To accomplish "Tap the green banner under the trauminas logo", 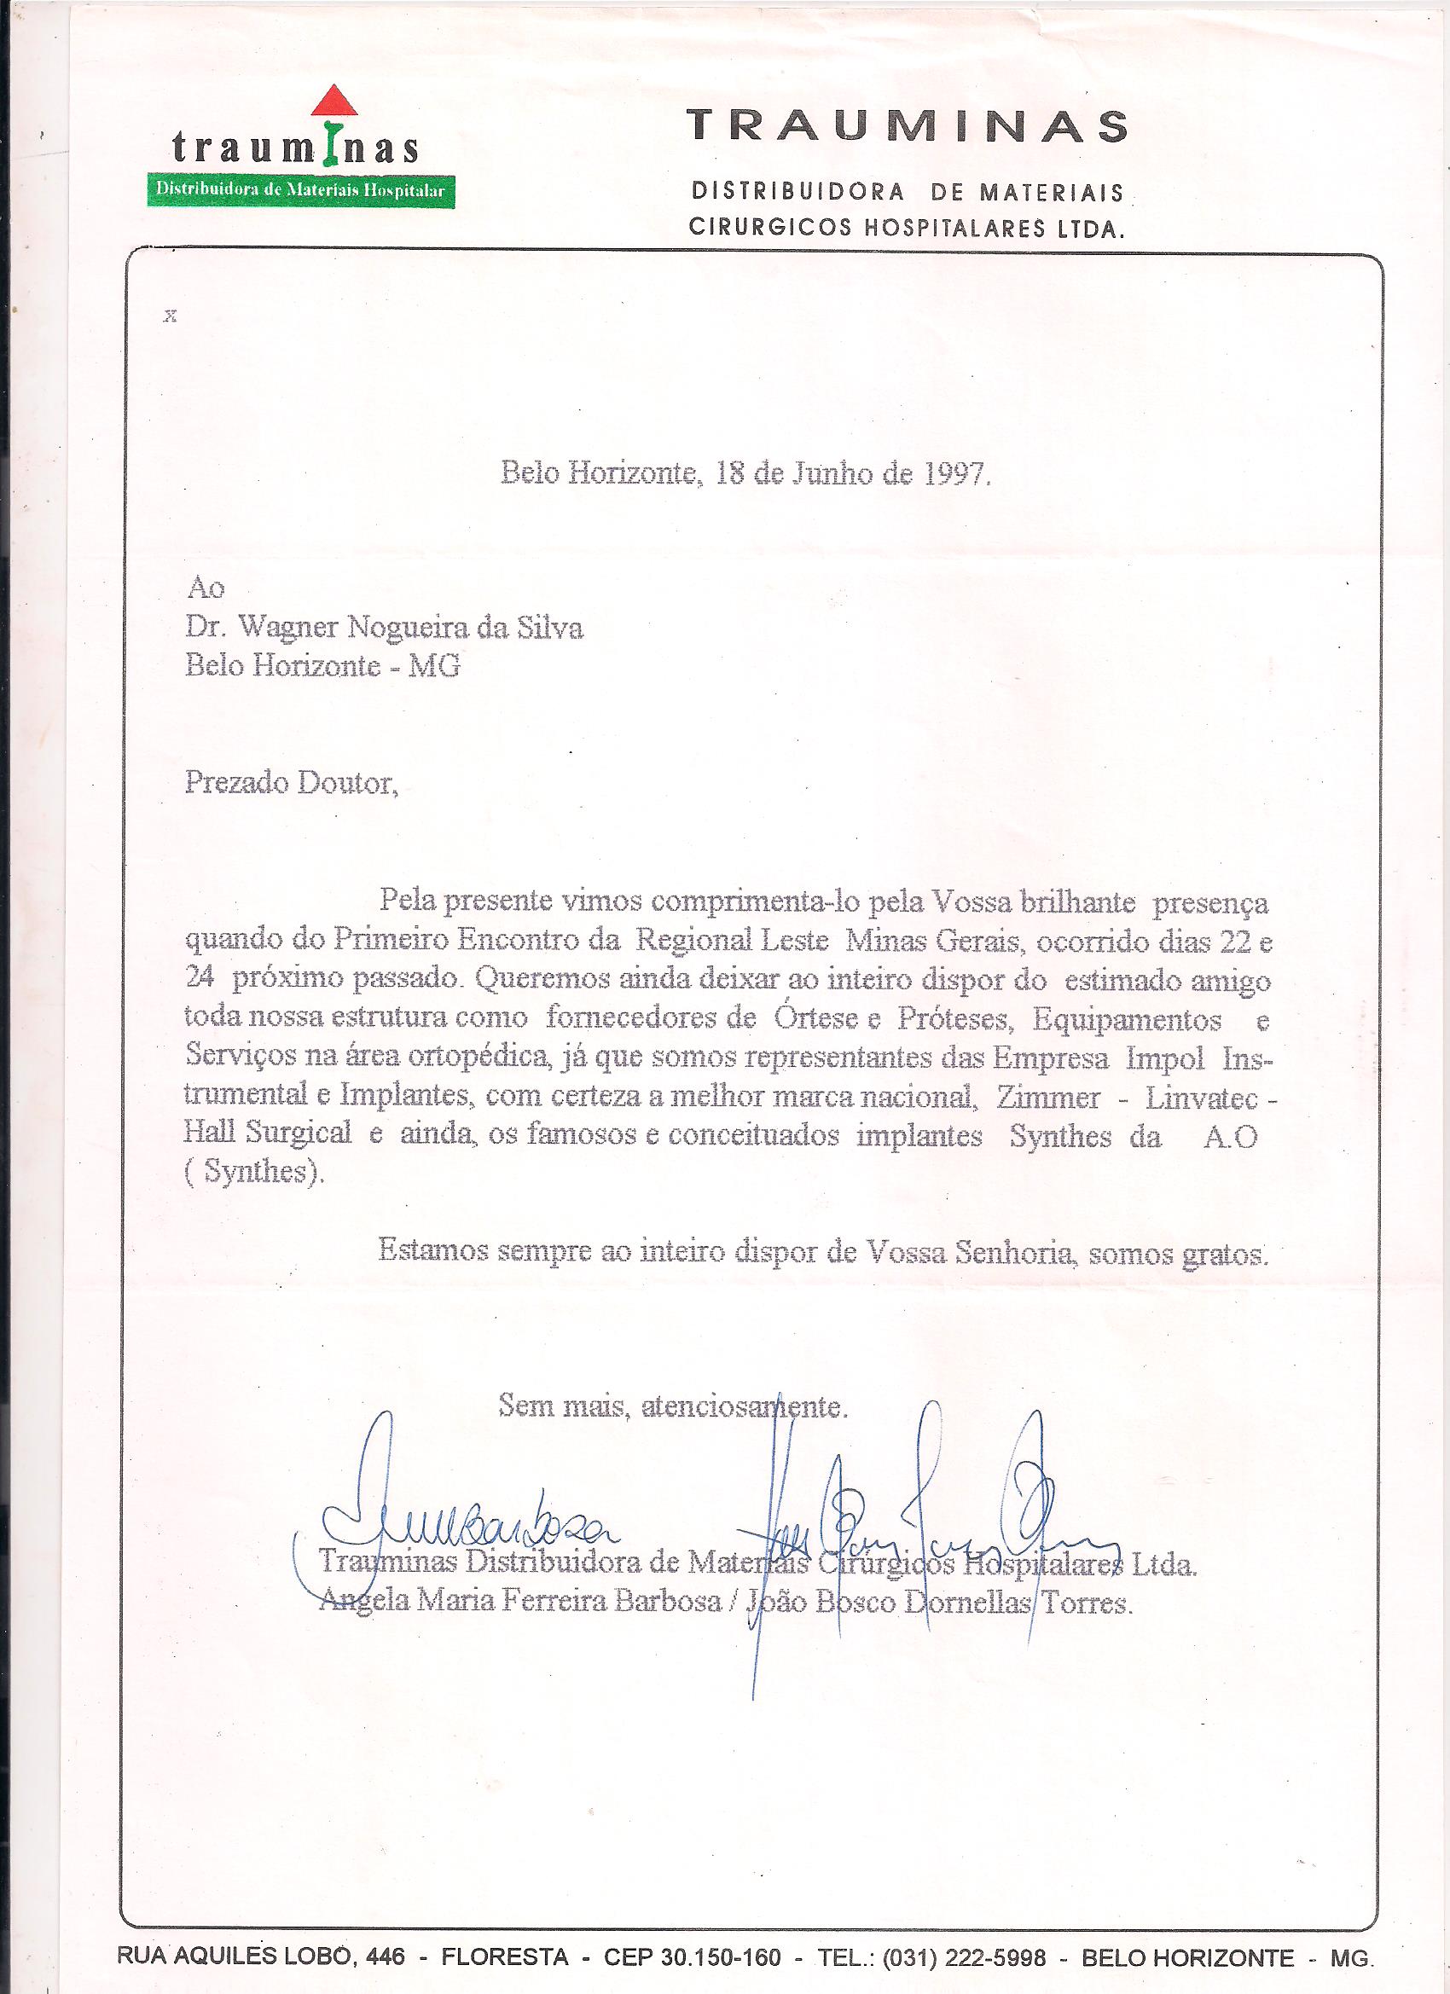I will coord(301,189).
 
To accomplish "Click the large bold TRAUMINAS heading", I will coord(907,126).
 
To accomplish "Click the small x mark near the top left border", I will coord(171,317).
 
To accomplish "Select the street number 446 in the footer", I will coord(386,1957).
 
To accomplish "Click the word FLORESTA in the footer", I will coord(505,1957).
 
